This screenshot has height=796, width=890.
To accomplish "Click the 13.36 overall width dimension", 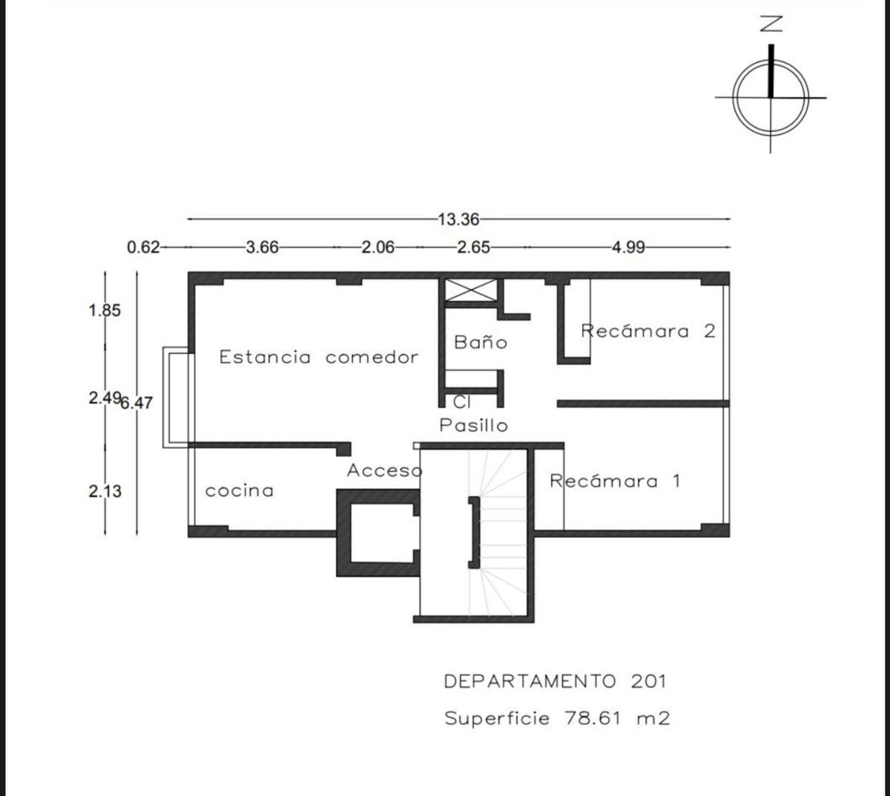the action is pyautogui.click(x=458, y=219).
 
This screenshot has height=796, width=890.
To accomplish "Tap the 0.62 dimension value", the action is pyautogui.click(x=143, y=248).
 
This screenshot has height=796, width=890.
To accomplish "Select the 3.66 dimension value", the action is pyautogui.click(x=263, y=248).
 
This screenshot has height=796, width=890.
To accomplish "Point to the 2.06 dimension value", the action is pyautogui.click(x=378, y=248).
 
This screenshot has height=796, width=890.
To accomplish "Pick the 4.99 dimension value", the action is pyautogui.click(x=629, y=248).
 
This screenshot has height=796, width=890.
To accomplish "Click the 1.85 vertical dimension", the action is pyautogui.click(x=105, y=311).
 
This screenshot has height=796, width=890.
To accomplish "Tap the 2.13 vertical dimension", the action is pyautogui.click(x=105, y=491).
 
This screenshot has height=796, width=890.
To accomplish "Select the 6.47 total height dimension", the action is pyautogui.click(x=136, y=403).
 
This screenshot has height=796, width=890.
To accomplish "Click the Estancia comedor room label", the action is pyautogui.click(x=318, y=357).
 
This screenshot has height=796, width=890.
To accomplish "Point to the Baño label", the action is pyautogui.click(x=481, y=341).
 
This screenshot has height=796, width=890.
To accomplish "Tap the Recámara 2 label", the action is pyautogui.click(x=648, y=331).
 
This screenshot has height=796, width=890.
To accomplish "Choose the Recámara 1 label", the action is pyautogui.click(x=615, y=481).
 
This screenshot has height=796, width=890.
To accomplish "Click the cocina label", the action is pyautogui.click(x=240, y=491).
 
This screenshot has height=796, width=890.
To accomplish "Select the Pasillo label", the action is pyautogui.click(x=473, y=425).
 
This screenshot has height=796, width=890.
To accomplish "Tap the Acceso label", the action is pyautogui.click(x=384, y=471).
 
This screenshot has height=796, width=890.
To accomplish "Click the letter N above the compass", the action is pyautogui.click(x=771, y=24).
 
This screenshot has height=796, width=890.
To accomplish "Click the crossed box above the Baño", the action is pyautogui.click(x=471, y=290).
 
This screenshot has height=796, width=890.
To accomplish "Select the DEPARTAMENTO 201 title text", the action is pyautogui.click(x=556, y=682).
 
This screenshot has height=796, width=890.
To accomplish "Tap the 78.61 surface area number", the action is pyautogui.click(x=593, y=719).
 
